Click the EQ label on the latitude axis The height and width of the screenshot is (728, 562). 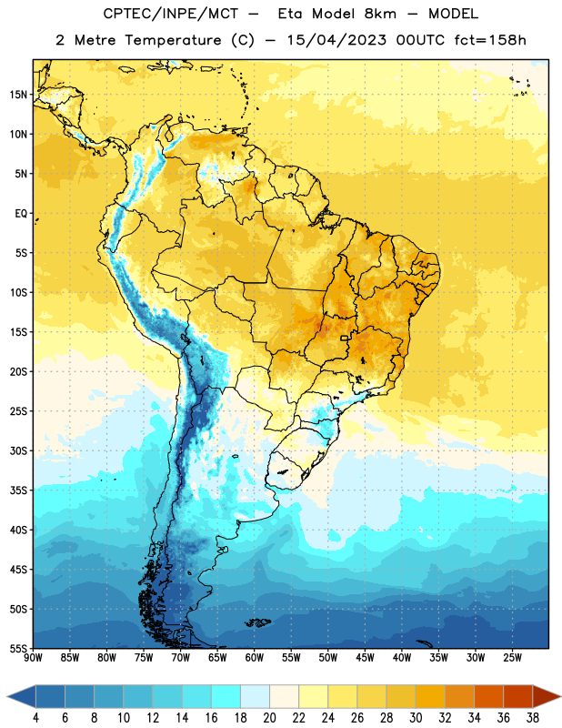click(x=21, y=214)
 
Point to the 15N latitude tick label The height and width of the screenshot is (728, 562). click(x=18, y=95)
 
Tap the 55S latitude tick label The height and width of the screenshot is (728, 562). click(x=18, y=648)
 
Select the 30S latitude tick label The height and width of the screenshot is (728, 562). click(x=18, y=450)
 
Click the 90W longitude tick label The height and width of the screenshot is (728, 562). click(x=33, y=658)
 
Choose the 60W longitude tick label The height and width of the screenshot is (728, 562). click(x=255, y=658)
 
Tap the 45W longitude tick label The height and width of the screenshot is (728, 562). click(x=366, y=658)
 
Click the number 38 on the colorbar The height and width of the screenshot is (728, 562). click(x=533, y=718)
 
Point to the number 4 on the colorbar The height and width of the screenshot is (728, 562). click(x=35, y=718)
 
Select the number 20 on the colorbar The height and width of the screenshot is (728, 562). click(x=269, y=718)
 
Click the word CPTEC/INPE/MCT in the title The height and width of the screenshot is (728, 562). click(x=171, y=14)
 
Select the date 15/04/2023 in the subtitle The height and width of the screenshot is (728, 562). click(x=336, y=40)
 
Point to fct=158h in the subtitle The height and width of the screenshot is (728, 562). click(x=490, y=40)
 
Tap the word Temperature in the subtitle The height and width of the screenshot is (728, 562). click(x=173, y=40)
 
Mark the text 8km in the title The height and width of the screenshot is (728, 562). click(x=380, y=14)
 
